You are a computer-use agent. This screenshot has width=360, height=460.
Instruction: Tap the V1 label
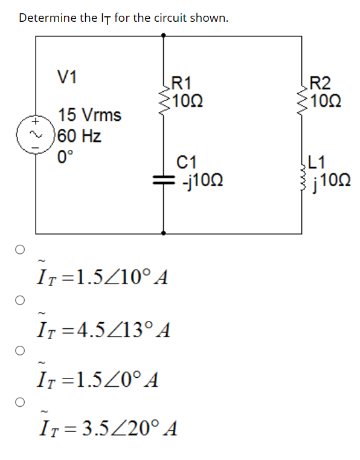tap(67, 77)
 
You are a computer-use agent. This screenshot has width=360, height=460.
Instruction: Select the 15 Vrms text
tap(89, 115)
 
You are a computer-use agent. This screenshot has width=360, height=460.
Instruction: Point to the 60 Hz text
tap(80, 135)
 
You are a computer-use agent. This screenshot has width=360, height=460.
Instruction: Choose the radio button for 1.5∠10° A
tap(20, 248)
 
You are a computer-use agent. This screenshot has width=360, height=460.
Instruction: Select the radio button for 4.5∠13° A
tap(20, 299)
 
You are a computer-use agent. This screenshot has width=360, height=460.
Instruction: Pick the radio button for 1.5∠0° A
tap(20, 350)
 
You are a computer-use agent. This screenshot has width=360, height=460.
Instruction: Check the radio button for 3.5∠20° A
tap(20, 400)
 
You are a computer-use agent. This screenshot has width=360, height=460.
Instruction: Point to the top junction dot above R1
tap(164, 36)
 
